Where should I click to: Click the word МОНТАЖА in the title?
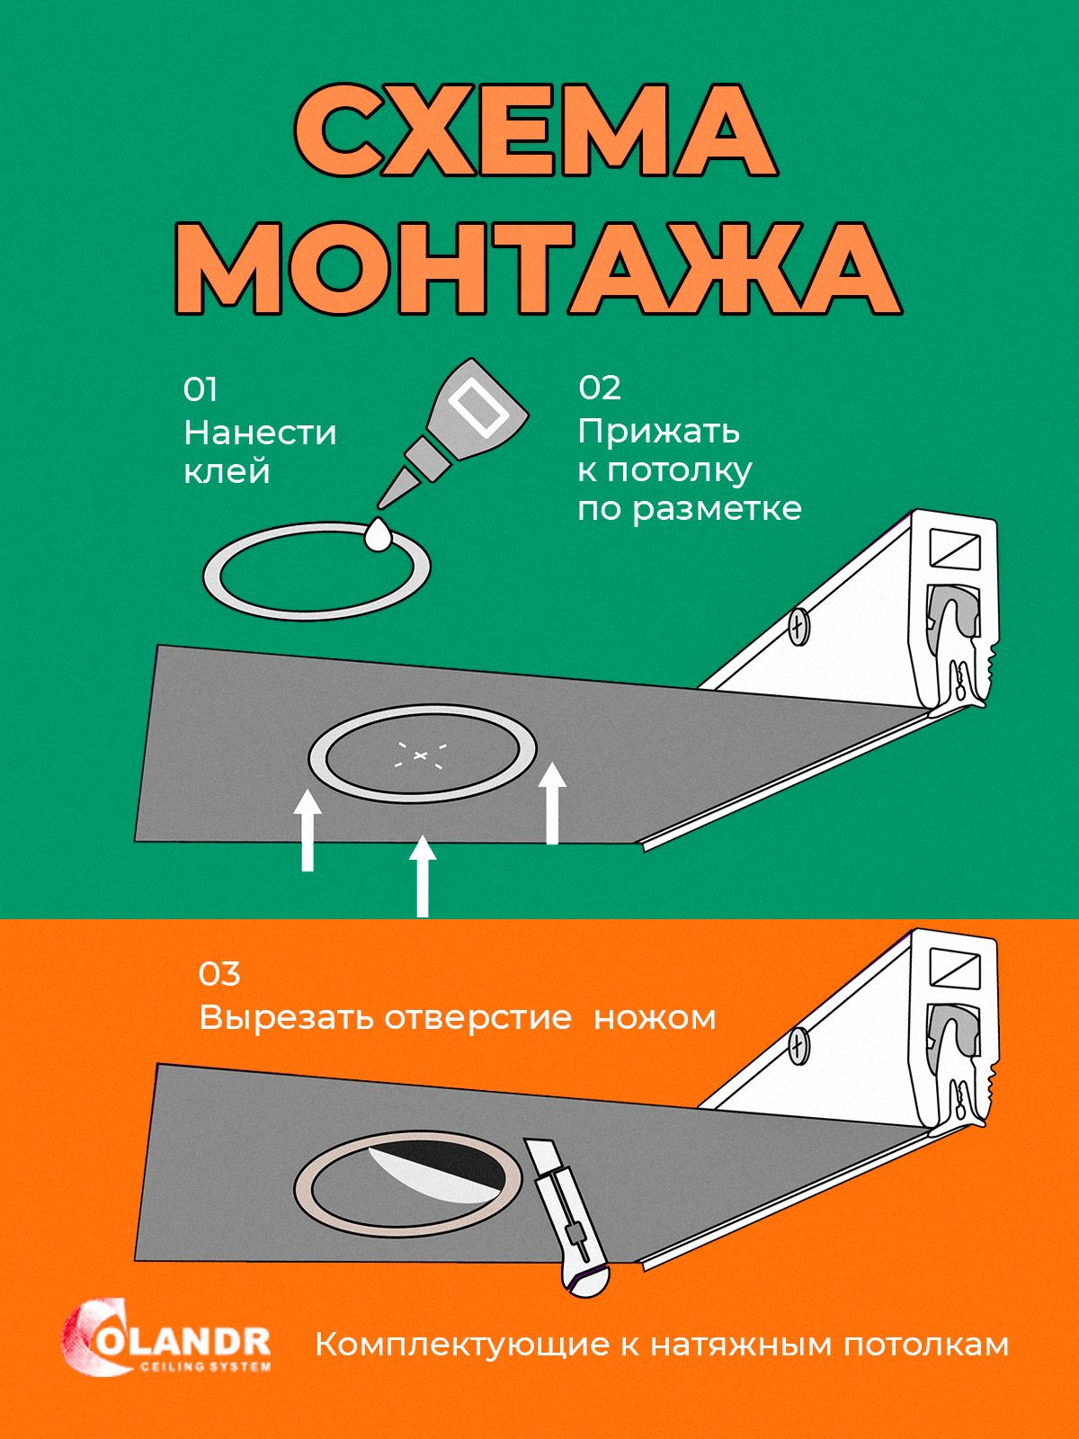point(537,263)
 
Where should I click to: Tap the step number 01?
point(201,390)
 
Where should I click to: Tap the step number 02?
point(600,389)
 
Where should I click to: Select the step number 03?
point(219,974)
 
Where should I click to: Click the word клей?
point(227,471)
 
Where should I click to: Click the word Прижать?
point(659,431)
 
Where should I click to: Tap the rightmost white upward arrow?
point(553,802)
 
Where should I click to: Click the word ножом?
point(655,1018)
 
